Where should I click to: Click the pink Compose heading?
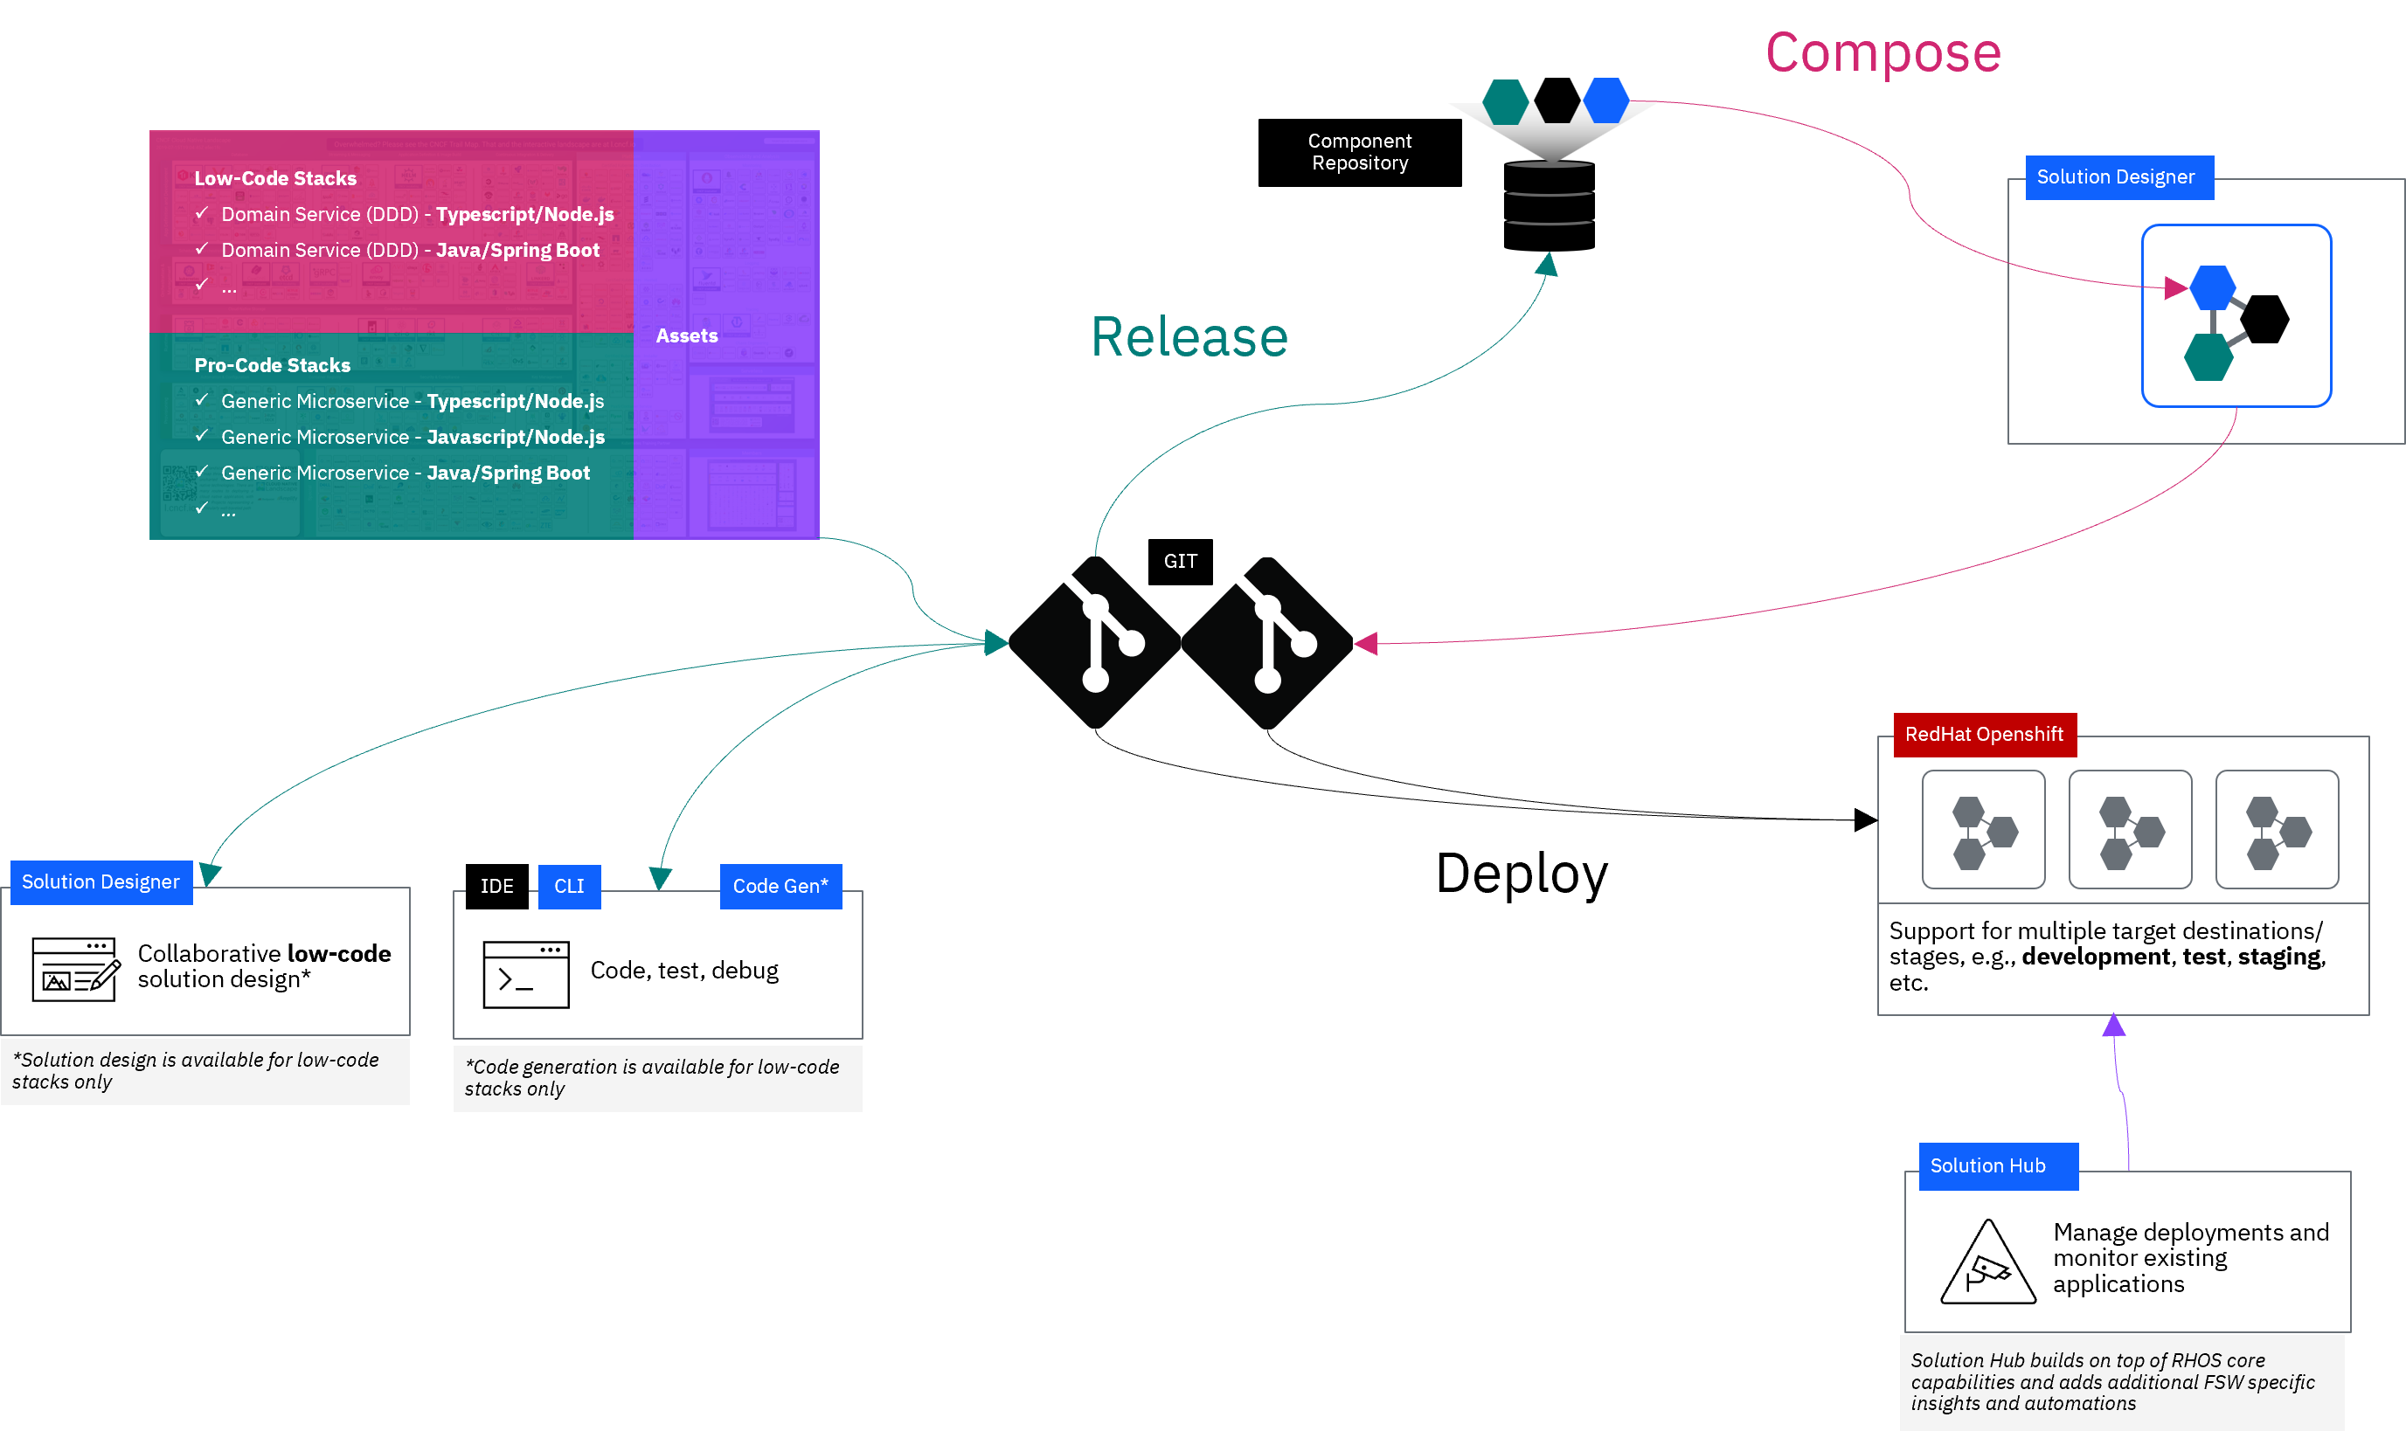[x=1883, y=53]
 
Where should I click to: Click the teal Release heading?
[x=1189, y=337]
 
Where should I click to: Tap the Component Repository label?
[x=1360, y=152]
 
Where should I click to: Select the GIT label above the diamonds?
[x=1181, y=561]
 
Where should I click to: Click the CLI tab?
[x=569, y=886]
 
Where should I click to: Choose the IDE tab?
[x=496, y=886]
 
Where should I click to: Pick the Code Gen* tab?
[x=780, y=886]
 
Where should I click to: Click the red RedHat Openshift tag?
[x=1984, y=735]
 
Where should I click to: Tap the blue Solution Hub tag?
[x=1987, y=1165]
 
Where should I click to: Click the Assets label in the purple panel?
[x=687, y=335]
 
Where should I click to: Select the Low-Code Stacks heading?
[x=274, y=178]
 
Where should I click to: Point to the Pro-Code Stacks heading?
[x=272, y=365]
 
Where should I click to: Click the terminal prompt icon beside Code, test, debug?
[x=525, y=975]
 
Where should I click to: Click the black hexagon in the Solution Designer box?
[x=2264, y=319]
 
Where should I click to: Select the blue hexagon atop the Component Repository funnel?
[x=1605, y=100]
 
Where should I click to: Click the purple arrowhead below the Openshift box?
[x=2114, y=1025]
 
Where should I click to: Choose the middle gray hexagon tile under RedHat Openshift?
[x=2129, y=829]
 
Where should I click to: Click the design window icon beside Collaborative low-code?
[x=75, y=969]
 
